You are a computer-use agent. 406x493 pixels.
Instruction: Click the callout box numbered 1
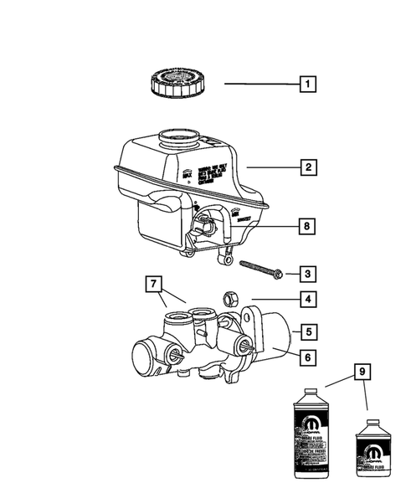point(309,84)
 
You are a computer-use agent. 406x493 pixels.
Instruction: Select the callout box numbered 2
point(309,167)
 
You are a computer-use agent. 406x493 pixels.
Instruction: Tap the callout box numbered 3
point(309,273)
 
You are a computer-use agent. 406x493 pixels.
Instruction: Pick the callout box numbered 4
point(309,300)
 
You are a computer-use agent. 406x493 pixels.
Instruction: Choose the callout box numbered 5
point(309,331)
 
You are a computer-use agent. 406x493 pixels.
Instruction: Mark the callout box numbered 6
point(309,357)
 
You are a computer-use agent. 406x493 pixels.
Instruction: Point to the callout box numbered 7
point(153,285)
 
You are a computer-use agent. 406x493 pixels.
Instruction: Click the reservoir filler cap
point(177,85)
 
